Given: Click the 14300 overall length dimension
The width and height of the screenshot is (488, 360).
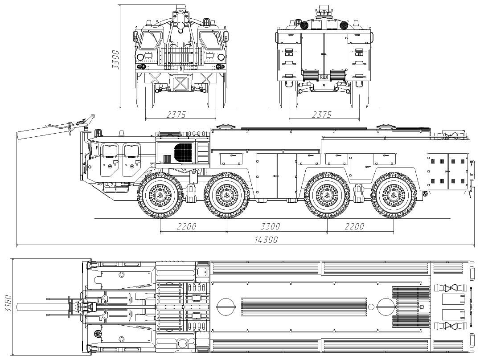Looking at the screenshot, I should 266,240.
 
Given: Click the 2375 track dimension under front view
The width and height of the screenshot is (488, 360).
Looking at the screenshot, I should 176,115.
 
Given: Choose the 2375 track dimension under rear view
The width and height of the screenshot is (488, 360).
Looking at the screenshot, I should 322,115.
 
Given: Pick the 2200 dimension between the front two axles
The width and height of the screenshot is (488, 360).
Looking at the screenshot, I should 186,226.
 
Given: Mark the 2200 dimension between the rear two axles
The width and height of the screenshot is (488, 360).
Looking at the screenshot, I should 354,226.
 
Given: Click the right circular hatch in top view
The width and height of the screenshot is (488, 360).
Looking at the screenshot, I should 385,307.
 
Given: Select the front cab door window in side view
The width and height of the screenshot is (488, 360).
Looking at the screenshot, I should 109,151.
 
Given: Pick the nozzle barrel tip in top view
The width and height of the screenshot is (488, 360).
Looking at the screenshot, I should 19,307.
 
